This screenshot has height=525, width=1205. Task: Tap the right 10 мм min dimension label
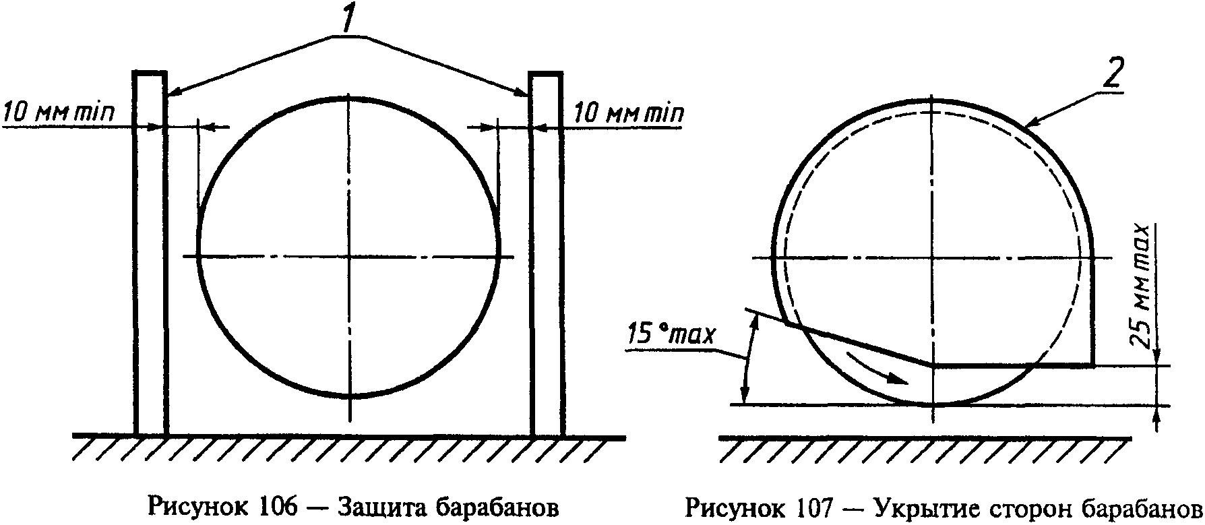pos(628,113)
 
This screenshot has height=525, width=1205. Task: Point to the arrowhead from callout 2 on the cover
pos(1028,123)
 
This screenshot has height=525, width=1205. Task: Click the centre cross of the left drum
pos(348,256)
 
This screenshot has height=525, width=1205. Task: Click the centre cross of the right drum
pos(933,257)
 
